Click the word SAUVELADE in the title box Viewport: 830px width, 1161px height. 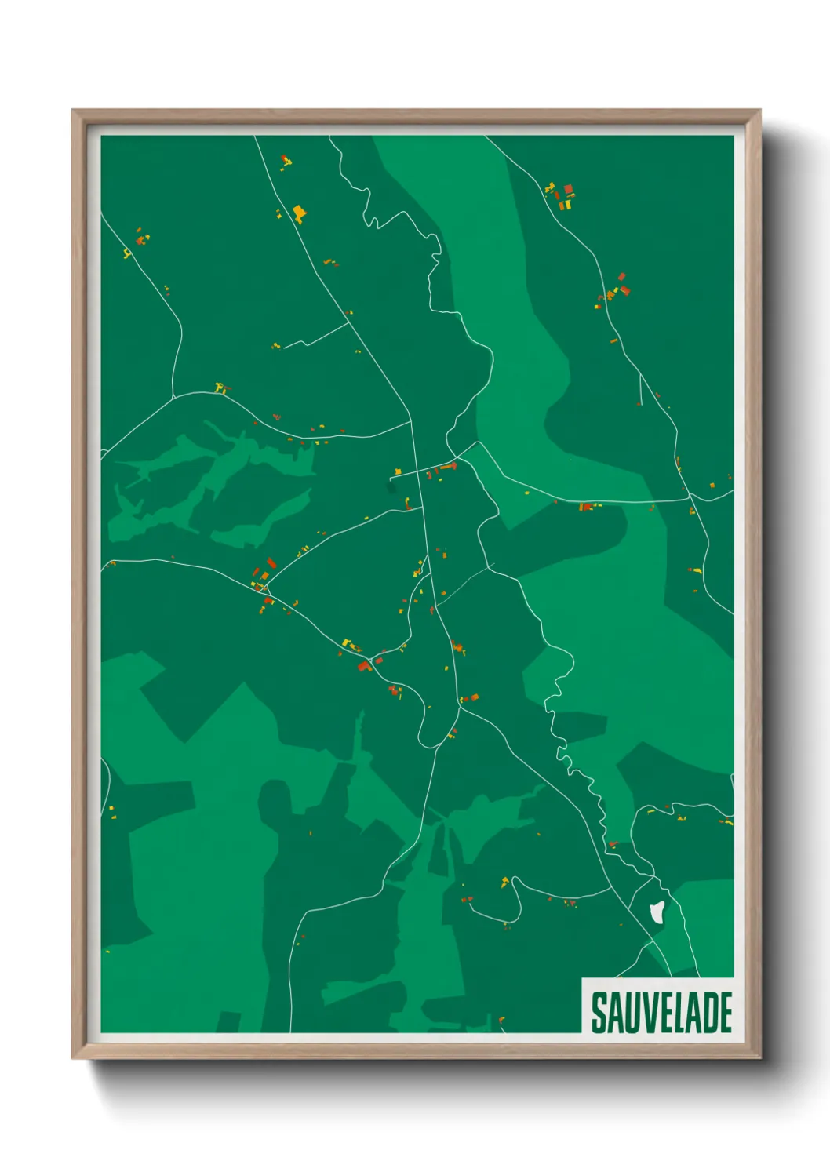(661, 1012)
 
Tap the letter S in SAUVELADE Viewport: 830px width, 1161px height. (599, 1013)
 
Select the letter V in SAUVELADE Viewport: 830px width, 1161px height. (644, 1013)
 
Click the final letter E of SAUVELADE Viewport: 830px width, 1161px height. (725, 1013)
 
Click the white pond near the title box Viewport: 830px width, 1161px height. (657, 912)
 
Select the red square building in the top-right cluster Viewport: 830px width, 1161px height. (569, 189)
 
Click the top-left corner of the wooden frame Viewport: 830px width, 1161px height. (73, 111)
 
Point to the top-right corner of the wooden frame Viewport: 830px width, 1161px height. (759, 111)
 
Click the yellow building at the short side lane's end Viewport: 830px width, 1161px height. (398, 471)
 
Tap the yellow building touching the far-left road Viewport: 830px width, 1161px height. (126, 253)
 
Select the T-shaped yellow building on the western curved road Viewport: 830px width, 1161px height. (220, 387)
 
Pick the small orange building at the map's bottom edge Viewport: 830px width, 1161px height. (501, 1020)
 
